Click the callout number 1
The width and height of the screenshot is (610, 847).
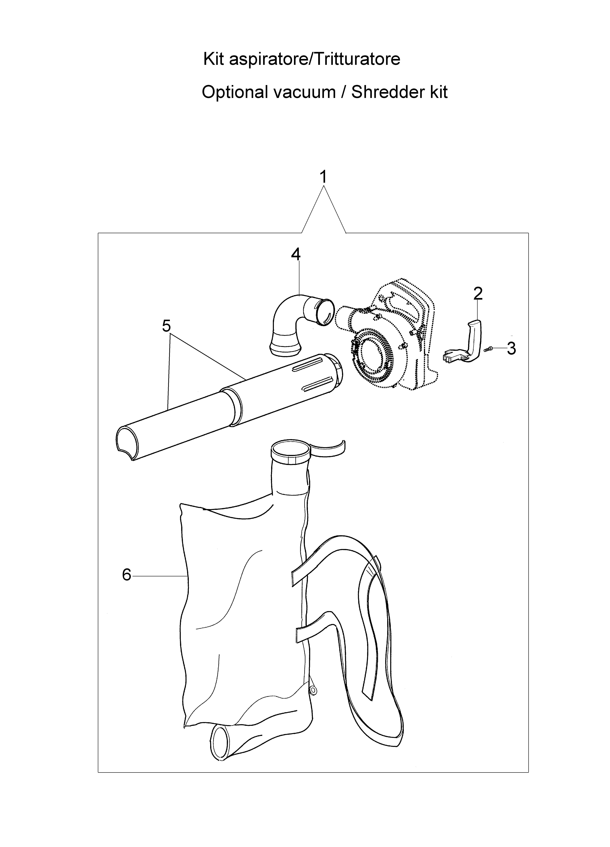(x=324, y=177)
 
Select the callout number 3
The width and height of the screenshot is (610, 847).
(x=511, y=348)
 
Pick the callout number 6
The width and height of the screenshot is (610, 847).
(x=127, y=575)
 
